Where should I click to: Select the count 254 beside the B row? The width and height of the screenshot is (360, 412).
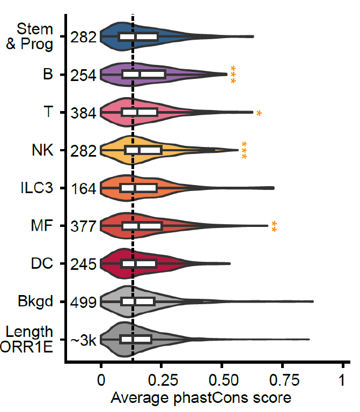pos(83,75)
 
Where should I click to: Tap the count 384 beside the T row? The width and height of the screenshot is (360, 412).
pos(83,113)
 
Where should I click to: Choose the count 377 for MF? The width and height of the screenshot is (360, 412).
pos(83,226)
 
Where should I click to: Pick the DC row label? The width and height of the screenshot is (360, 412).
pos(42,264)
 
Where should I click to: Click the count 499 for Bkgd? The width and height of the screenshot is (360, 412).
pos(83,302)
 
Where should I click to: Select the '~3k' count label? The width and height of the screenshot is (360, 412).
pos(83,340)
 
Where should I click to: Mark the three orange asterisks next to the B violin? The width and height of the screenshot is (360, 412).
pos(233,75)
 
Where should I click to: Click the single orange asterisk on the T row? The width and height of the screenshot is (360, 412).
pos(259,113)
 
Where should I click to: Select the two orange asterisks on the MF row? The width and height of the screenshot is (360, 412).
pos(274,226)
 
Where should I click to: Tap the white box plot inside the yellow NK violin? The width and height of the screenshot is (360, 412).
pos(143,150)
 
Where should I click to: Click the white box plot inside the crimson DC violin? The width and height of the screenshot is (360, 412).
pos(138,264)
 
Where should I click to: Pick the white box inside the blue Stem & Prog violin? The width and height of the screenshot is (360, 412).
pos(138,36)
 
